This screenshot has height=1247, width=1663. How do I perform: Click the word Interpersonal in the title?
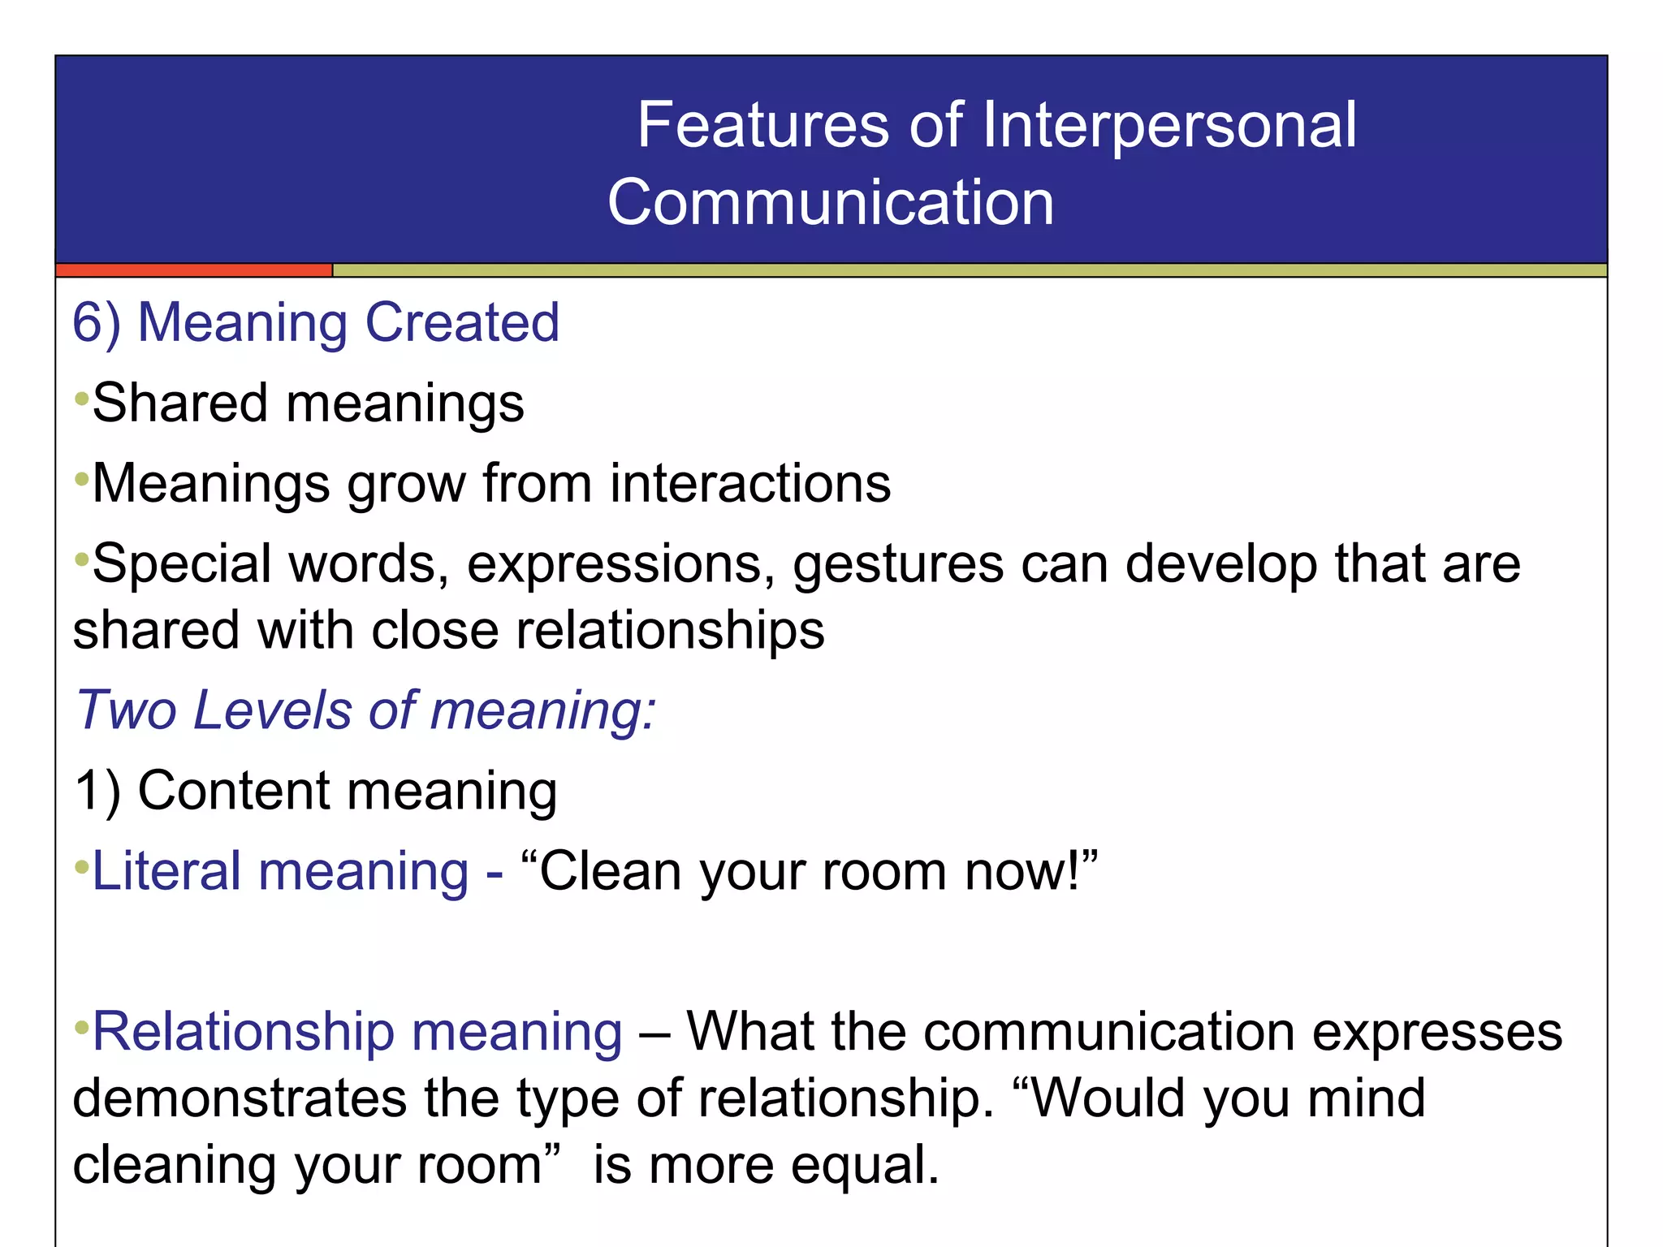[1169, 126]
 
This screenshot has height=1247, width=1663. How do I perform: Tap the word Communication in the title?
[831, 203]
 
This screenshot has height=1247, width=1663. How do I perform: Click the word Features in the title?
[763, 126]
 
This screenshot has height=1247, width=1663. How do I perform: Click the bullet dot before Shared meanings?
[80, 399]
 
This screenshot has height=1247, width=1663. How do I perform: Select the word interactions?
[750, 485]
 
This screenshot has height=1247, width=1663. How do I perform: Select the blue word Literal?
[166, 871]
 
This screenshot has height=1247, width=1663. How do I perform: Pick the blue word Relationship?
[244, 1032]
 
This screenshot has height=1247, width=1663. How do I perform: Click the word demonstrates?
[239, 1098]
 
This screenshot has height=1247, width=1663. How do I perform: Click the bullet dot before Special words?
[80, 559]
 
